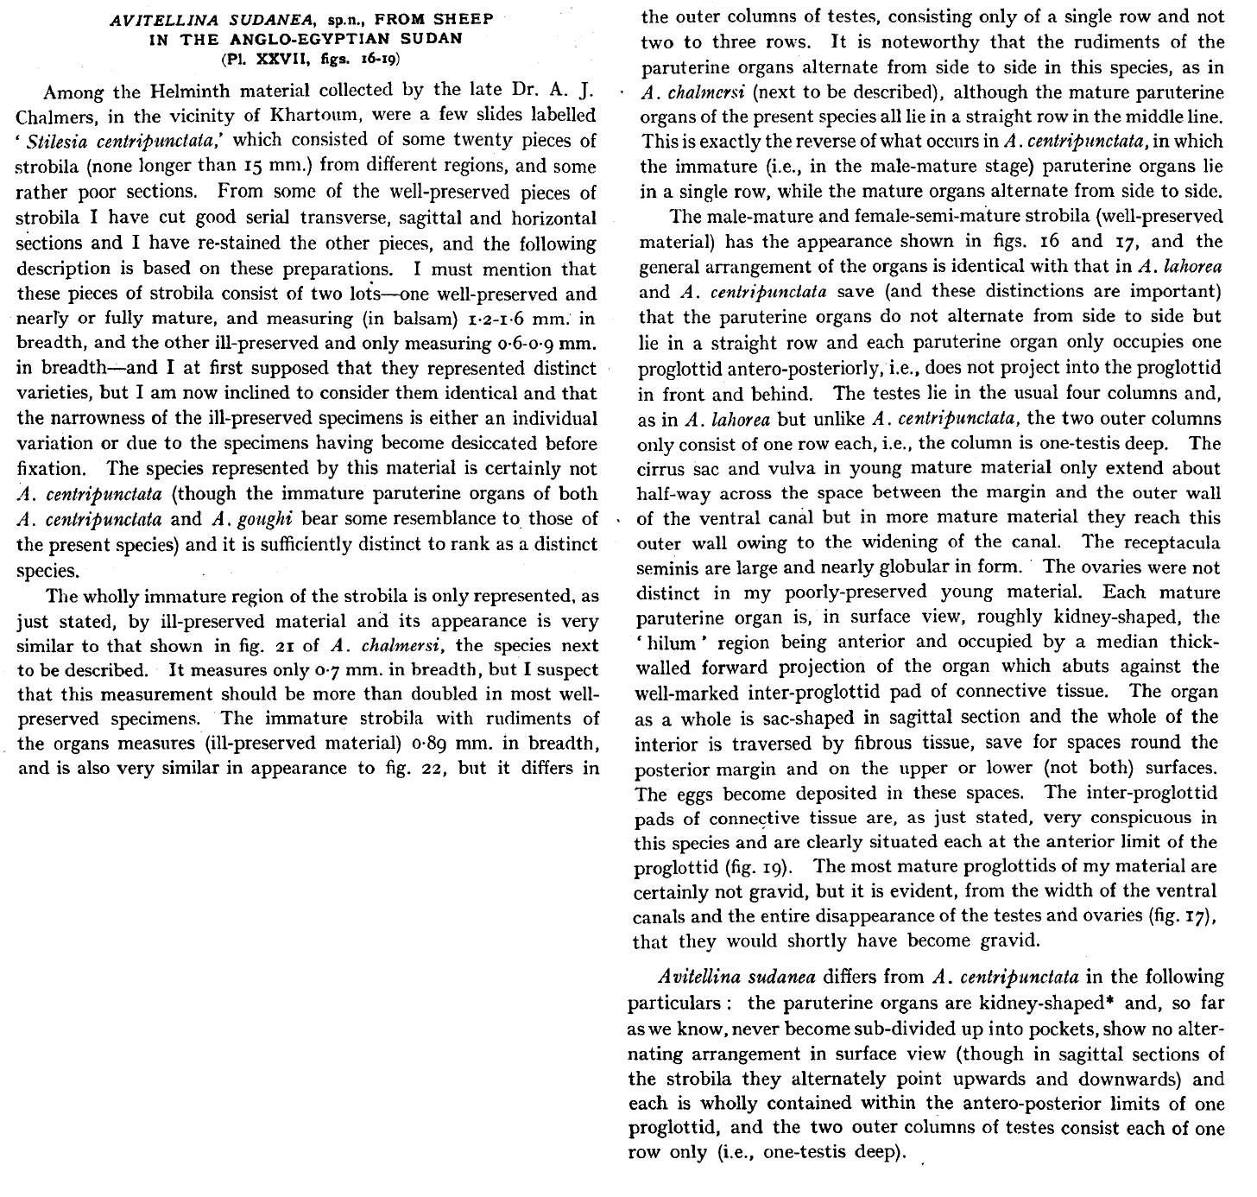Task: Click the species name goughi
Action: click(257, 520)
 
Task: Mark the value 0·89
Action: click(433, 744)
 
